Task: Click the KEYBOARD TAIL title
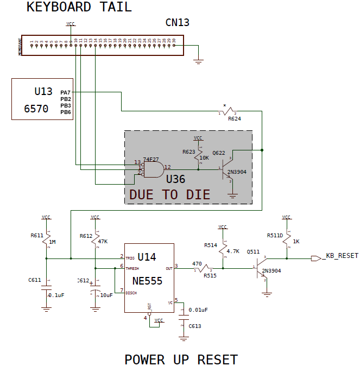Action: (x=79, y=8)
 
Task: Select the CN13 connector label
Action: (x=177, y=23)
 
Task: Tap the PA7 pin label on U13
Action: (x=66, y=93)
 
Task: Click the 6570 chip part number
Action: (x=36, y=109)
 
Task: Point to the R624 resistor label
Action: (x=235, y=118)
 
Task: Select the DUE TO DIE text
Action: (x=169, y=195)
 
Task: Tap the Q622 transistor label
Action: (x=219, y=153)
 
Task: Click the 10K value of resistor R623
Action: (x=204, y=158)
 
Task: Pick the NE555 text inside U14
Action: (x=147, y=281)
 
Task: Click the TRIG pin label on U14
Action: (x=130, y=258)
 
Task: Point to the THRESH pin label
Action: (x=133, y=268)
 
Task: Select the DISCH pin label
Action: (x=131, y=293)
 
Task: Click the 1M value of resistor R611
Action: (x=52, y=242)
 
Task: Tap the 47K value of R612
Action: (x=102, y=242)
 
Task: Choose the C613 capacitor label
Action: (x=194, y=326)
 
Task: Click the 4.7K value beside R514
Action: (x=232, y=251)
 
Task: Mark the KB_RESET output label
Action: (x=342, y=256)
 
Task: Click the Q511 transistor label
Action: (x=253, y=251)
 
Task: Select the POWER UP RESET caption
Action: (x=181, y=359)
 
